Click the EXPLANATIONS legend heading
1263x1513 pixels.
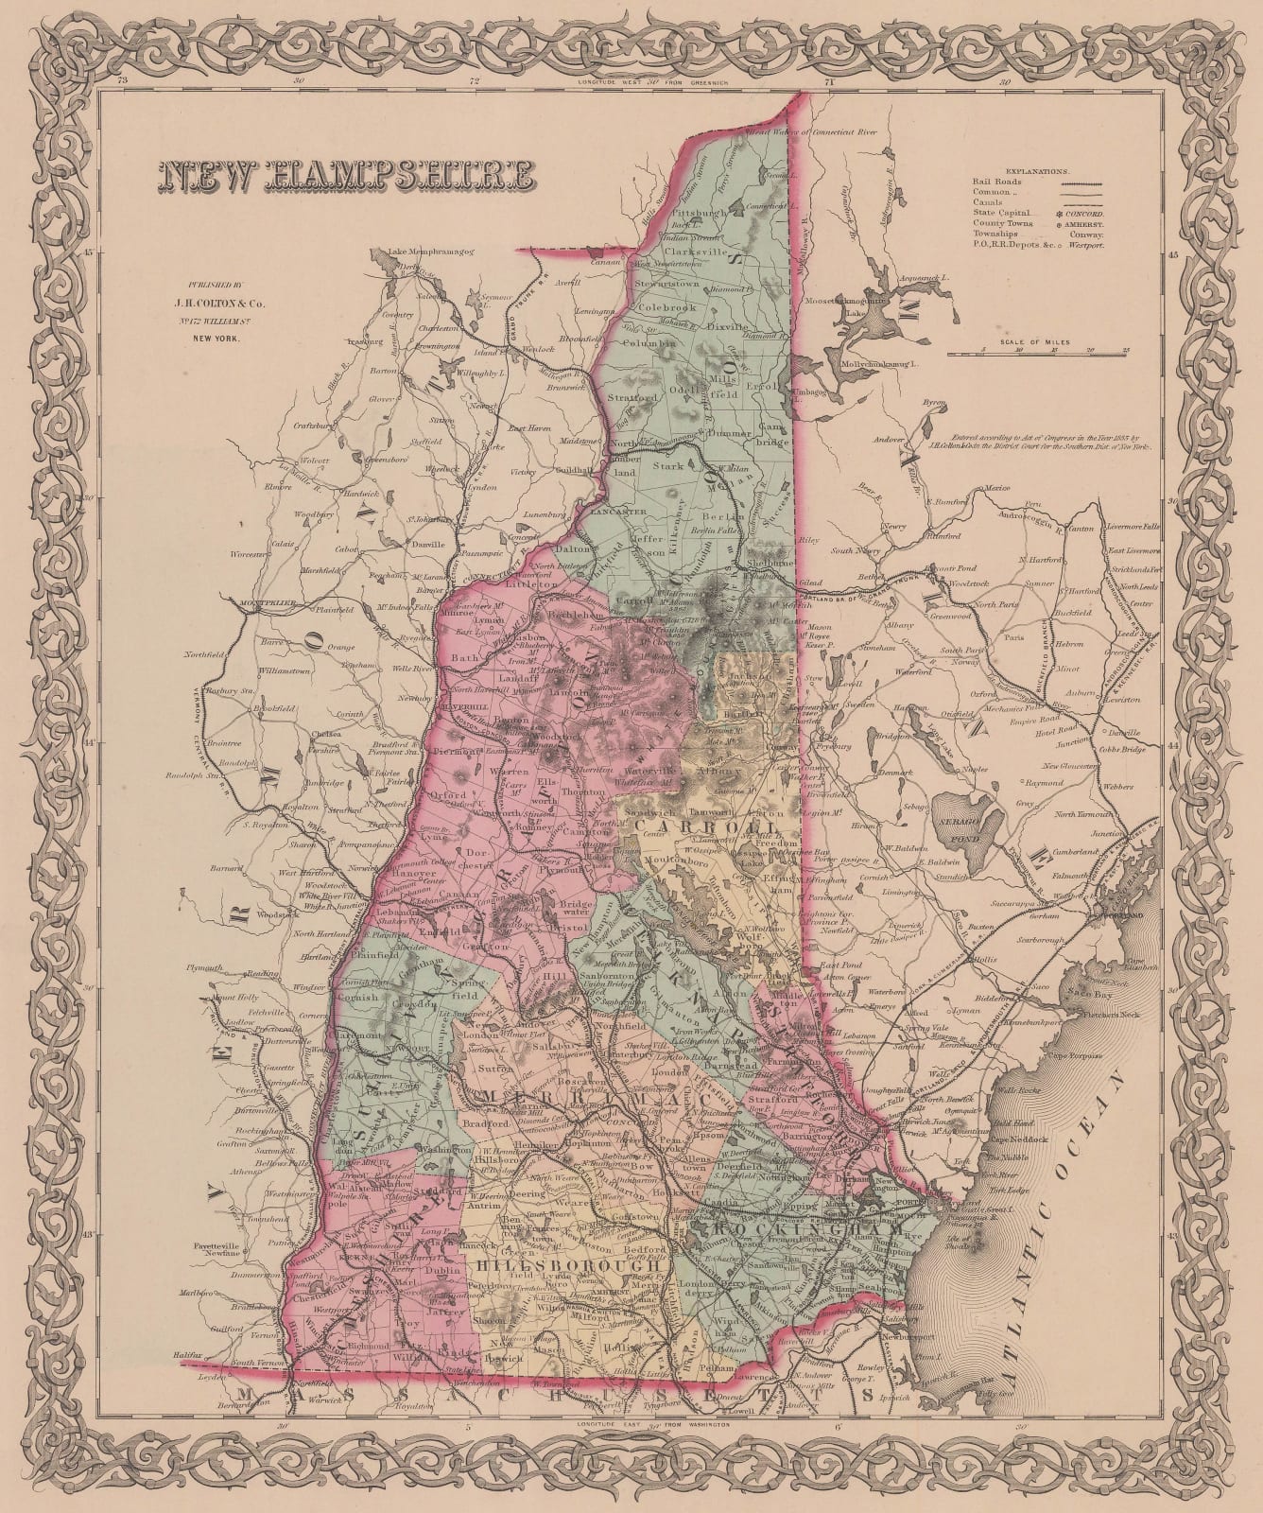point(1036,173)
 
